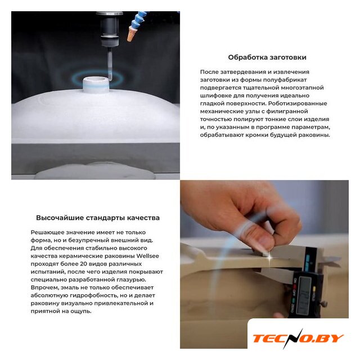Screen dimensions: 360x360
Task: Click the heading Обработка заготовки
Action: [x=267, y=57]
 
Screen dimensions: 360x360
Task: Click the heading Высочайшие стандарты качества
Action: [x=98, y=218]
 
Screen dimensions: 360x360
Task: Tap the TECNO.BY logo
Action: [x=298, y=339]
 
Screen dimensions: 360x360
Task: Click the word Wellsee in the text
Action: [x=147, y=256]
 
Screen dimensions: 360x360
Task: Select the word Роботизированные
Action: [x=298, y=103]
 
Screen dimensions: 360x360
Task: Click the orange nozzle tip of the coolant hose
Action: [x=131, y=34]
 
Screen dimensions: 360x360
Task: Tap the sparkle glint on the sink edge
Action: [x=269, y=259]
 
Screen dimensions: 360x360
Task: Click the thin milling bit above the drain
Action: [x=110, y=64]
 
